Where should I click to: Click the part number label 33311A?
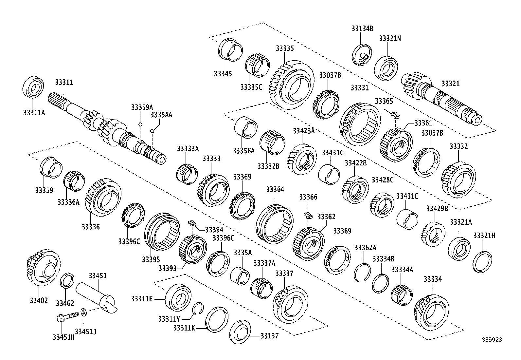pyautogui.click(x=34, y=113)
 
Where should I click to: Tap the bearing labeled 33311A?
pyautogui.click(x=34, y=87)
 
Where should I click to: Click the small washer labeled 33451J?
pyautogui.click(x=83, y=311)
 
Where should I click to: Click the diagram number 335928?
pyautogui.click(x=492, y=340)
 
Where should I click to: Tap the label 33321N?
pyautogui.click(x=390, y=38)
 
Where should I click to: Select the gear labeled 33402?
pyautogui.click(x=43, y=268)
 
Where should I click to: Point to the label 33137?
pyautogui.click(x=269, y=336)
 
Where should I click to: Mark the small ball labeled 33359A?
pyautogui.click(x=140, y=124)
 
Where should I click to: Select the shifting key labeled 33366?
pyautogui.click(x=308, y=215)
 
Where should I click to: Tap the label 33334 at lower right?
pyautogui.click(x=433, y=279)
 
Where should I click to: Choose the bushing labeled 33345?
pyautogui.click(x=230, y=50)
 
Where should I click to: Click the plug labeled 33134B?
pyautogui.click(x=362, y=55)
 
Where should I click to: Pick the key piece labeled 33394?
pyautogui.click(x=192, y=224)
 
